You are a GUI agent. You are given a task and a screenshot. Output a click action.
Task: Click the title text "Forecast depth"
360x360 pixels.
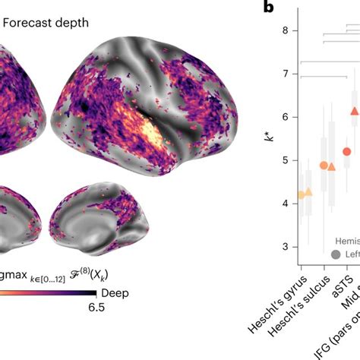[46, 23]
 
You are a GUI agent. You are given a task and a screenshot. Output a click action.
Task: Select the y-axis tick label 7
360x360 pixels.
[285, 74]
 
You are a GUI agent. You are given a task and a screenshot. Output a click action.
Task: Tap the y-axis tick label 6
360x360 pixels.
[285, 118]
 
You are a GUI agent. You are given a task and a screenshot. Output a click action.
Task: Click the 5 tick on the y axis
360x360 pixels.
[285, 161]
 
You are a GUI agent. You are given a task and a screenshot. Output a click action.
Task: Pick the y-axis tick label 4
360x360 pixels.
[285, 204]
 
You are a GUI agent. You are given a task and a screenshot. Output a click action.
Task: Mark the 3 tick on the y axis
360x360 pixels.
[285, 248]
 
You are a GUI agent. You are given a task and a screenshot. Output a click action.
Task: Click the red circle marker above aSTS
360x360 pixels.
[346, 151]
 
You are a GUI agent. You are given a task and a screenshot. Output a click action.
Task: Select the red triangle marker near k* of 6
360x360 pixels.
[354, 112]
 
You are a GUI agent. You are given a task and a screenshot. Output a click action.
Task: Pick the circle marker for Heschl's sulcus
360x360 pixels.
[324, 166]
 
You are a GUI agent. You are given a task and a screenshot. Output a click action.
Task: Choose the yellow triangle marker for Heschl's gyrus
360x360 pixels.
[308, 193]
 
